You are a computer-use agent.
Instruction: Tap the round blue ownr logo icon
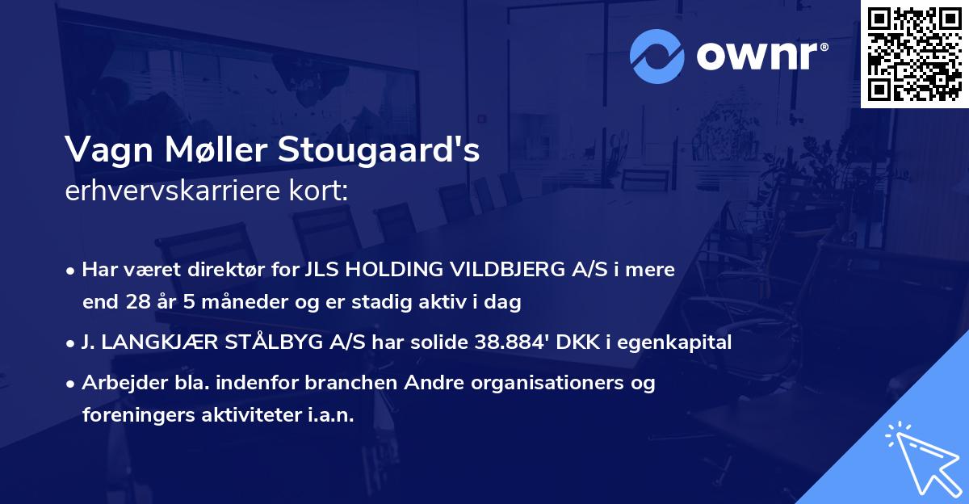coord(656,55)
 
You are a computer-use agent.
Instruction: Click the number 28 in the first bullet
coord(137,303)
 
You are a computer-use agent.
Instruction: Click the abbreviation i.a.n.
coord(329,415)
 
